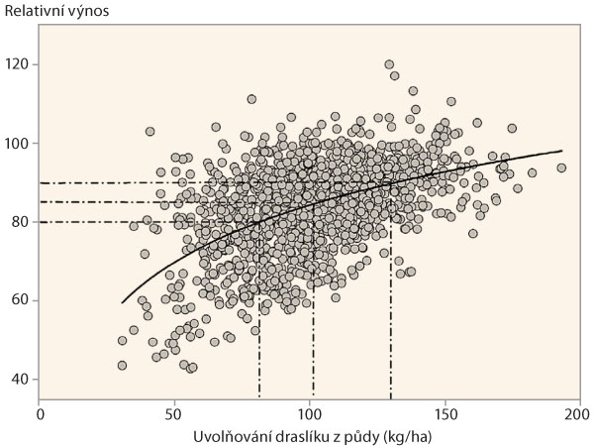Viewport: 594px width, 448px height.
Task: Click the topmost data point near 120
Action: pos(389,64)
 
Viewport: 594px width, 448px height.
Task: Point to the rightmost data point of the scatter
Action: pos(561,168)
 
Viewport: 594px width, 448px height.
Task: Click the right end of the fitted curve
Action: pos(561,151)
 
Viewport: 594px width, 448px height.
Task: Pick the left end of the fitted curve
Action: pos(122,302)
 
